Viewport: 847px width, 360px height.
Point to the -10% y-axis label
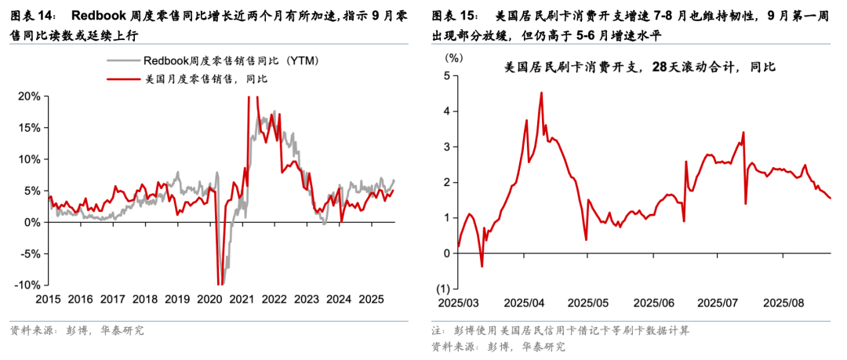tap(27, 285)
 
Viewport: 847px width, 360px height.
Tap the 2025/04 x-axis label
tap(524, 303)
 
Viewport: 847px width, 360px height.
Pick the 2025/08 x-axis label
tap(783, 303)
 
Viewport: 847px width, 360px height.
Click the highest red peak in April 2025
tap(541, 93)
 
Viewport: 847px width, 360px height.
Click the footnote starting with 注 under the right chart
tap(561, 330)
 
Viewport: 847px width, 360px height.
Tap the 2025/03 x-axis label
tap(460, 303)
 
